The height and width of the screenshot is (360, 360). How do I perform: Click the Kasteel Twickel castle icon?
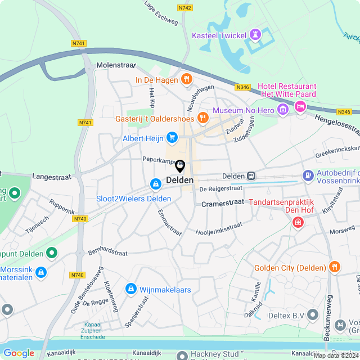tap(256, 35)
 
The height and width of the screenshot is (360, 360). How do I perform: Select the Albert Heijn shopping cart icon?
tap(172, 137)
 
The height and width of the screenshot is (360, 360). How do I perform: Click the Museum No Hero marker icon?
tap(283, 107)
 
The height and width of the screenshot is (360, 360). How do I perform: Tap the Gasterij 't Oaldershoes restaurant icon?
tap(202, 118)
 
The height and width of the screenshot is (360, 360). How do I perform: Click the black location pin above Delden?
tap(180, 166)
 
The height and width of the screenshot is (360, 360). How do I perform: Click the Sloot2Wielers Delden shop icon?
tap(155, 184)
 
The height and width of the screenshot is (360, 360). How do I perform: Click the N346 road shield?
tap(242, 87)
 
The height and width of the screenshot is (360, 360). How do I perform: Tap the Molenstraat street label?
tap(114, 66)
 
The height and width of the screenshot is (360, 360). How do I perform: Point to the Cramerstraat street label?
tap(223, 202)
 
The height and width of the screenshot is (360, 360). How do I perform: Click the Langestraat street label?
tap(52, 177)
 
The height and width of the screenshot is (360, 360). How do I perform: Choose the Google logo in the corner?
tap(19, 353)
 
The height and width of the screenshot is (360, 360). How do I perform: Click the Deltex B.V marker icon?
tap(313, 316)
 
